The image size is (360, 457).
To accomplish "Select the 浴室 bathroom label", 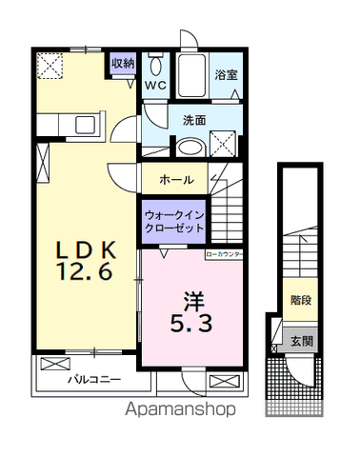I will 225,74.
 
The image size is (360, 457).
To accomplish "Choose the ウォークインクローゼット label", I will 171,223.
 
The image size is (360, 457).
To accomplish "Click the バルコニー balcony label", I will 93,378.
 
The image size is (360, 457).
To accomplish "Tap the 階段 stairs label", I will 298,298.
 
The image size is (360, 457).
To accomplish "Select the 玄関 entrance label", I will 298,340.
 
